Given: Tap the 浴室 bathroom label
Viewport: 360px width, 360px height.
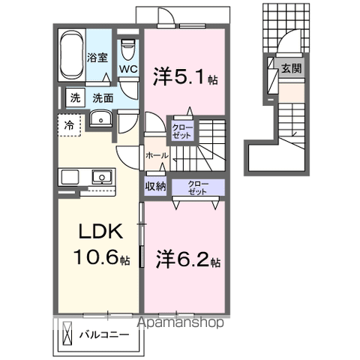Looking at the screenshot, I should point(97,57).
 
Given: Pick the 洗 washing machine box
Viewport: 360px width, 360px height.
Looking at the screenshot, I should point(75,97).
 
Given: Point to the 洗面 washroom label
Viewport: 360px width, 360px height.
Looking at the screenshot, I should point(103,97).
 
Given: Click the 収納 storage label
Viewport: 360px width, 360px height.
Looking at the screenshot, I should point(156,186).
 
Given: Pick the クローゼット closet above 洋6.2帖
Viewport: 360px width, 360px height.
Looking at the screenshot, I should point(198,187).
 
